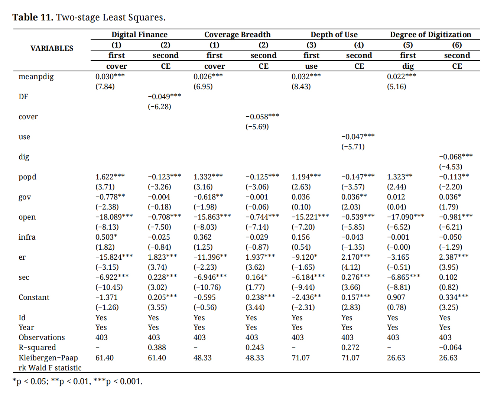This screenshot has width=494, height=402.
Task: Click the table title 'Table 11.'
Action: click(33, 17)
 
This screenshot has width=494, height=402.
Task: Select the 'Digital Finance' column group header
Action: click(139, 35)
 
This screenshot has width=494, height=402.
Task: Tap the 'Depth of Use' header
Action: click(334, 35)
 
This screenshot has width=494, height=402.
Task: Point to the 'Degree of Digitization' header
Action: click(430, 35)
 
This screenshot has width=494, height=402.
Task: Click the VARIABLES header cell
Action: click(52, 48)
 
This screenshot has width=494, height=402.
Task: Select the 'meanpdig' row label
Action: click(36, 77)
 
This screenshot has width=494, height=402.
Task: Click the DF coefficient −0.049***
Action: click(164, 97)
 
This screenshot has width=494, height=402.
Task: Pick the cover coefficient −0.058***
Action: click(262, 117)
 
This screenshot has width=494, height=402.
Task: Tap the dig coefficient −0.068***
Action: click(456, 157)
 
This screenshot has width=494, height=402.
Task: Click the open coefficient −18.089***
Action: click(114, 217)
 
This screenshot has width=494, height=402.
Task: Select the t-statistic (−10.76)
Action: click(207, 287)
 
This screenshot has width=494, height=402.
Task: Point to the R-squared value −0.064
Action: click(450, 347)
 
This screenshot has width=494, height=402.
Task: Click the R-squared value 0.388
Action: click(157, 347)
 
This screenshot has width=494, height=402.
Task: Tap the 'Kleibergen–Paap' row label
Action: click(48, 358)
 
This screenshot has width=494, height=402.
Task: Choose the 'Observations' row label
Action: click(42, 337)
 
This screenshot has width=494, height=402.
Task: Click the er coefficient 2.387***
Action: click(454, 257)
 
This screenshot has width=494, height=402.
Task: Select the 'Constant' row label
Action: click(34, 297)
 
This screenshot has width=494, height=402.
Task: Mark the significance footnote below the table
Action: click(77, 382)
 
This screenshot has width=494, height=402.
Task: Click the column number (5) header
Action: click(408, 45)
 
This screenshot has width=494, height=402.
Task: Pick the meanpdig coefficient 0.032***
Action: click(306, 77)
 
